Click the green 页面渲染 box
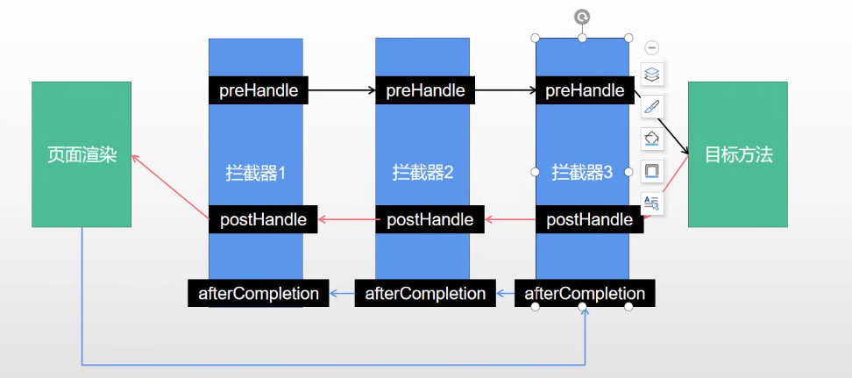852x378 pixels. pos(82,154)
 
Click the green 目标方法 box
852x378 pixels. pos(738,154)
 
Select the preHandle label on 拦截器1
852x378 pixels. pos(258,89)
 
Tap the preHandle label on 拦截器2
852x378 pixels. pos(425,89)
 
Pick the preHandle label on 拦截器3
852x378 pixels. pos(584,89)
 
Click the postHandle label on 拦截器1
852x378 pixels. pos(263,219)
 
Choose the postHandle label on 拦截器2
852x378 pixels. pos(430,219)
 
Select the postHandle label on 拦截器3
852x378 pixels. pos(589,219)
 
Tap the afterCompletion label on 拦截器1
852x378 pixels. pos(259,293)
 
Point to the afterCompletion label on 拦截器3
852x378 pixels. pos(585,293)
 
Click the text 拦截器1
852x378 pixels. pos(256,173)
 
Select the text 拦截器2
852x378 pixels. pos(423,173)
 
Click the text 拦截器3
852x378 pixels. pos(583,173)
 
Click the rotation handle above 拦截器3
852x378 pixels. pos(582,17)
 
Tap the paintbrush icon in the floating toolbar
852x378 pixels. pos(651,106)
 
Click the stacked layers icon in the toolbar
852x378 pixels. pos(651,73)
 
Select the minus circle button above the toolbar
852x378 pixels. pos(651,47)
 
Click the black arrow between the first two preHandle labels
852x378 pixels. pos(342,89)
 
